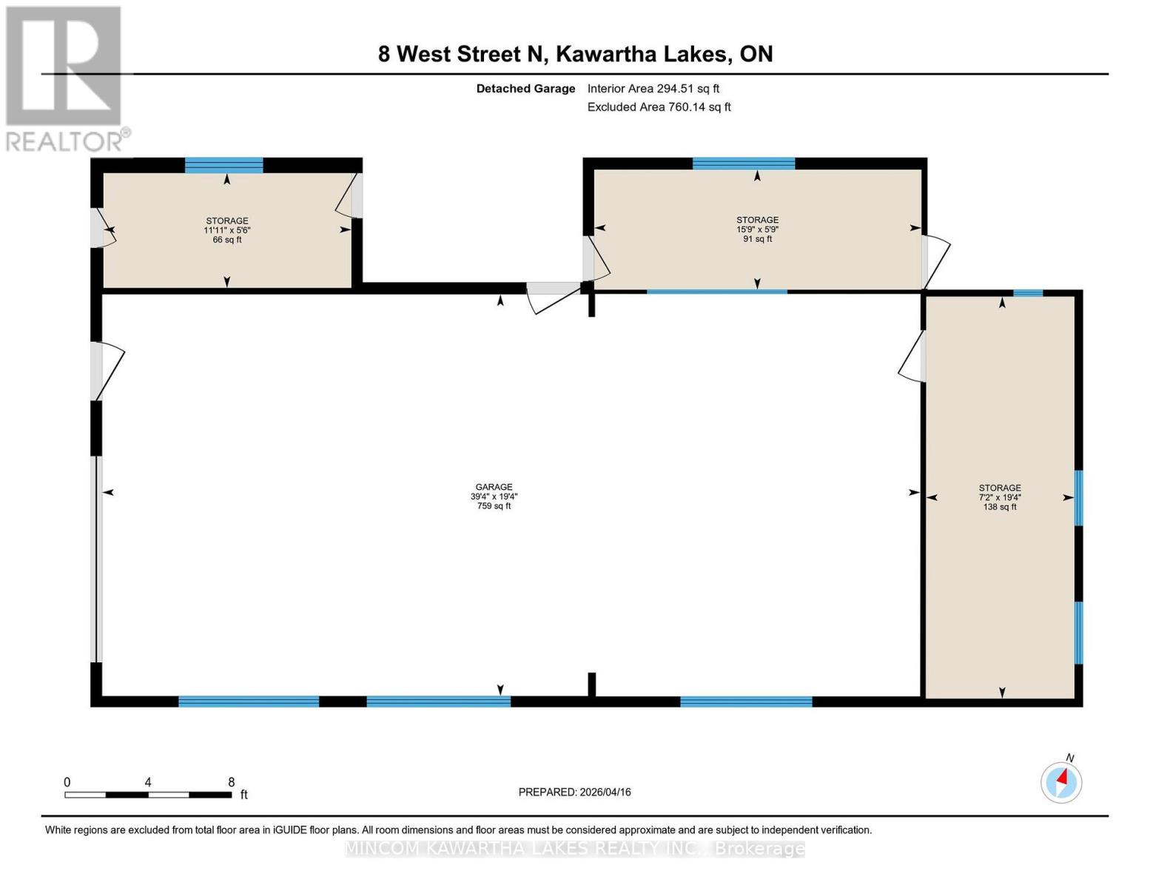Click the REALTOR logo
64,78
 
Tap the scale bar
148,795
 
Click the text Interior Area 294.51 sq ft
653,89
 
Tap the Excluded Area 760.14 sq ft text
659,107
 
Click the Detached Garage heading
525,89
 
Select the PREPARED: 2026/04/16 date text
574,792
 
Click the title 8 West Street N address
575,54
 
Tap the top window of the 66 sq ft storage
223,165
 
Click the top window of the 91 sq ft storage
743,164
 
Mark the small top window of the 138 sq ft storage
1027,293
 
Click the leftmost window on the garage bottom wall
249,702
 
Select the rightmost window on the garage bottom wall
746,702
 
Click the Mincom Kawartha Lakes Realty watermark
575,849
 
